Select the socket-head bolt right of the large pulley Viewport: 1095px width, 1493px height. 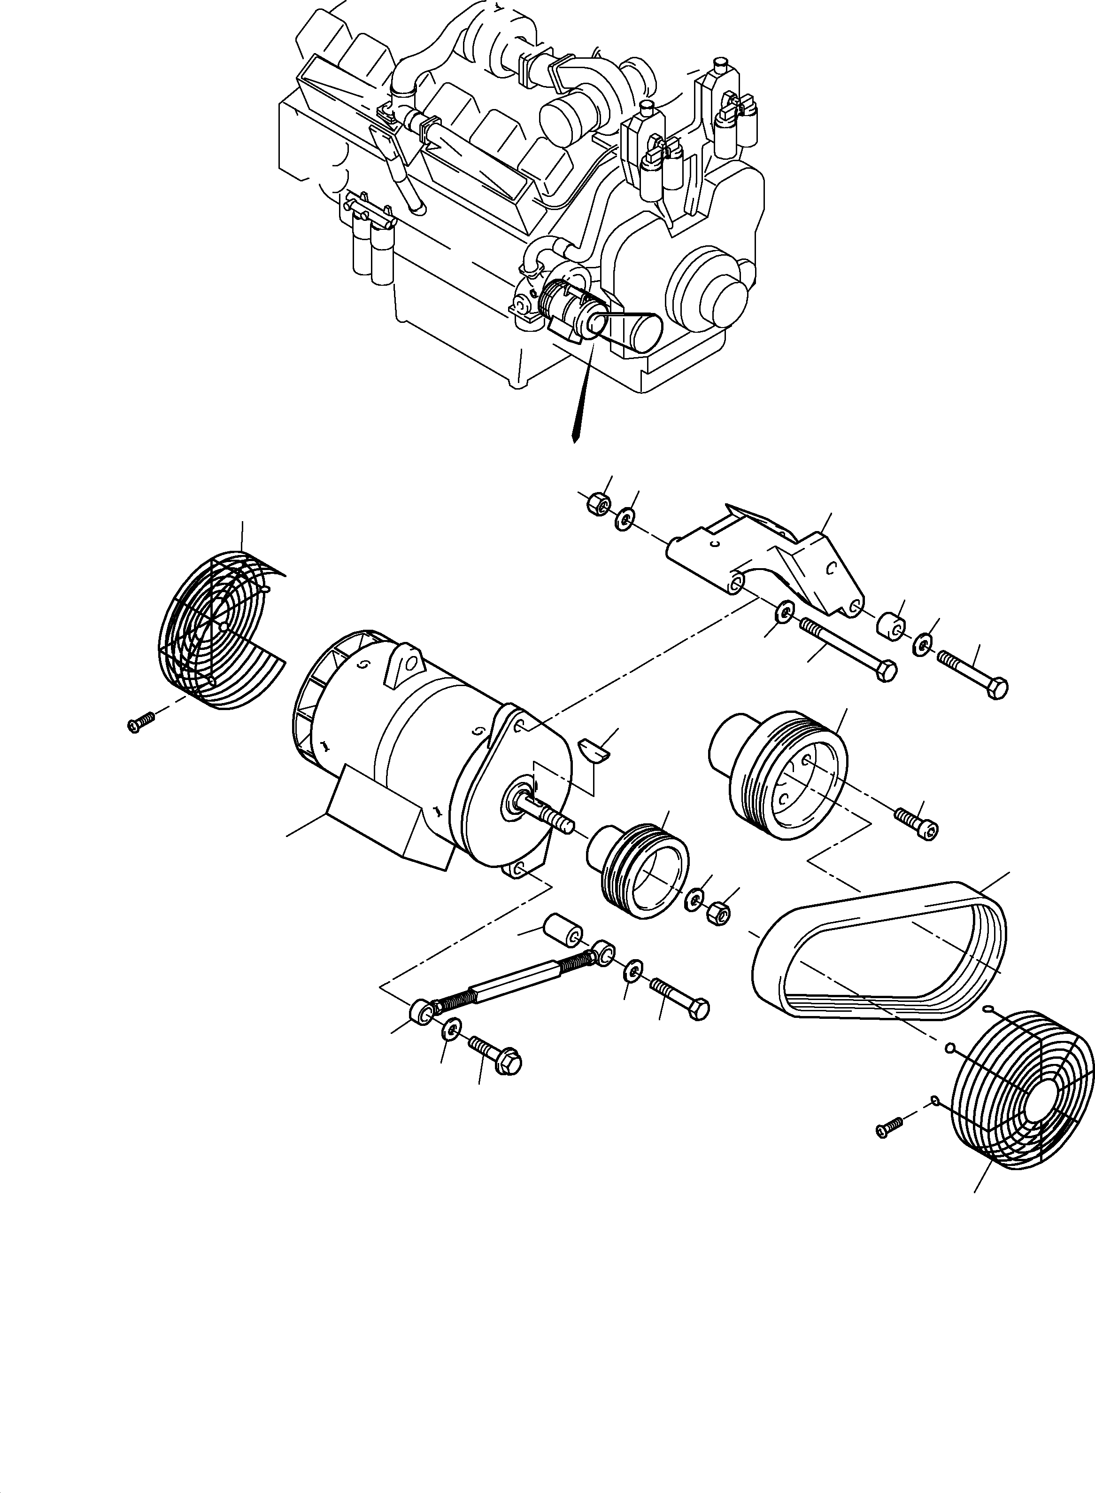918,822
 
